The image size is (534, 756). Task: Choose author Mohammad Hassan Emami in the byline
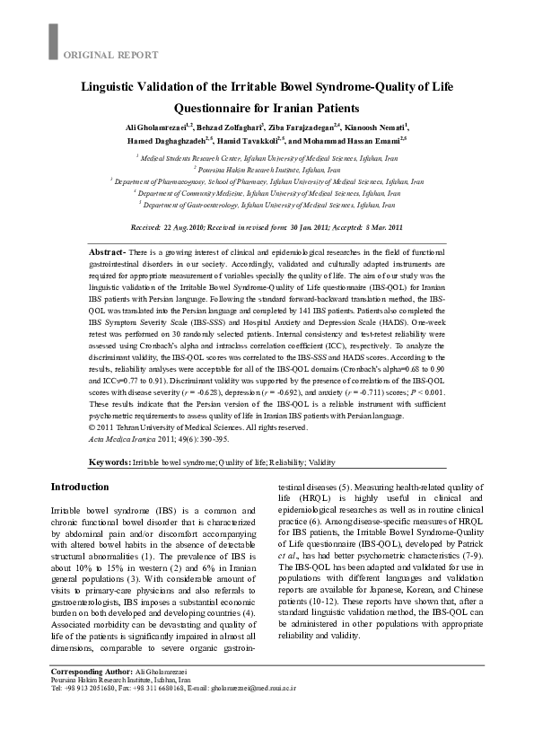pyautogui.click(x=355, y=141)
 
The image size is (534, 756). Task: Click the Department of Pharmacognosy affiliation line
pyautogui.click(x=267, y=180)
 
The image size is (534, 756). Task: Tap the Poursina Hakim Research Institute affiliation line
pyautogui.click(x=267, y=169)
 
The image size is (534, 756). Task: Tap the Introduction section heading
pyautogui.click(x=80, y=487)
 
